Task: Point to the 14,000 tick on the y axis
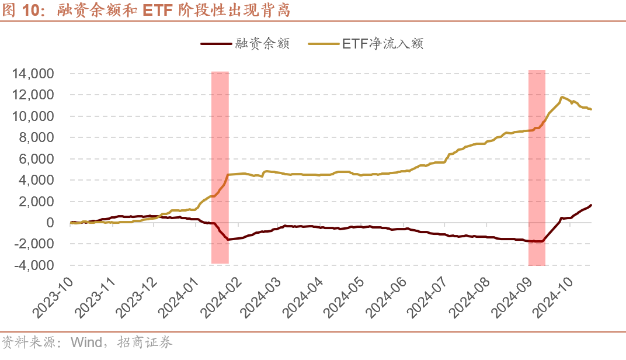coord(34,74)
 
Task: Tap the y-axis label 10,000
coord(34,116)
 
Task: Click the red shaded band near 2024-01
coord(220,167)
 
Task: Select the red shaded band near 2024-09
coord(537,167)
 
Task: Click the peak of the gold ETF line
coord(562,97)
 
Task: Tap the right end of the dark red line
coord(590,205)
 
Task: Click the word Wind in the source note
coord(86,342)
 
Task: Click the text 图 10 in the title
coord(19,11)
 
